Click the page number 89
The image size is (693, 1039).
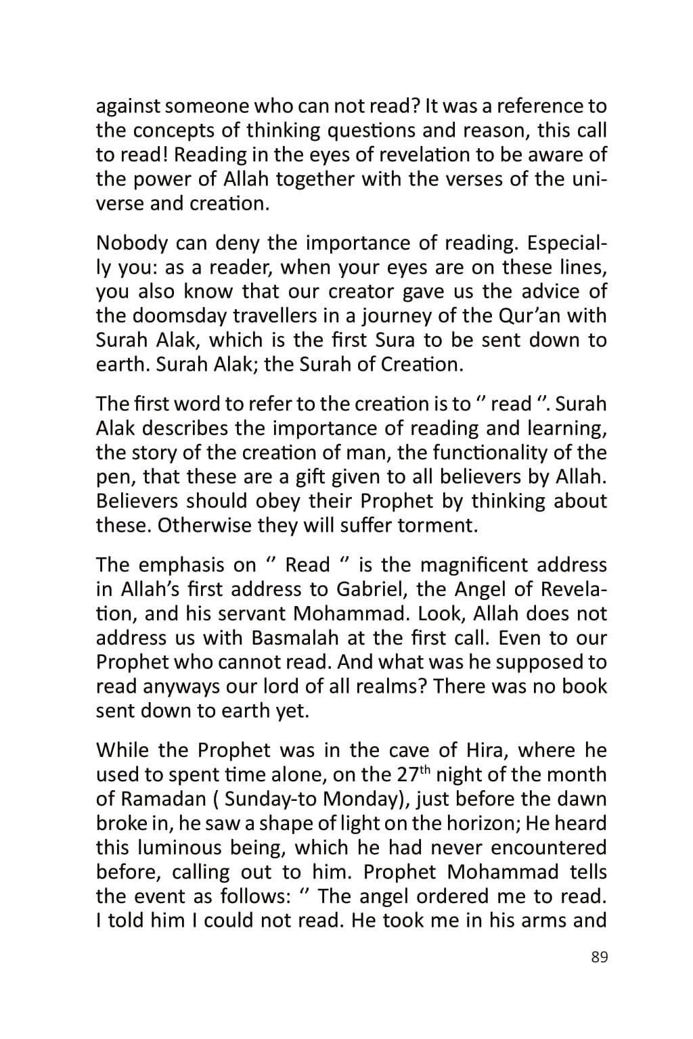pyautogui.click(x=599, y=957)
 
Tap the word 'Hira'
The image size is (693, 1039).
pyautogui.click(x=485, y=751)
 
